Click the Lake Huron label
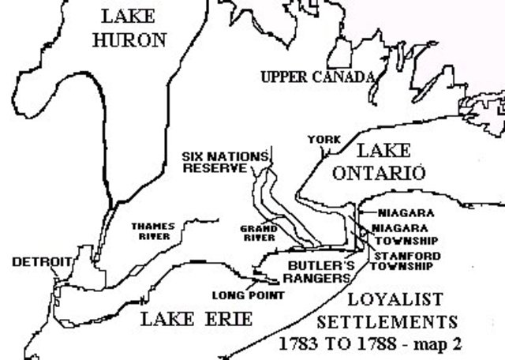click(131, 27)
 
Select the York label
click(324, 140)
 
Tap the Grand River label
click(258, 233)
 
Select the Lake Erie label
click(196, 319)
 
